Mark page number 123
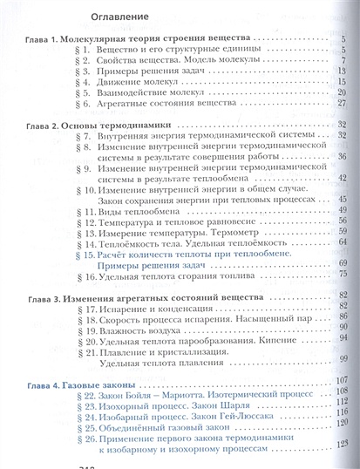click(x=343, y=444)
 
